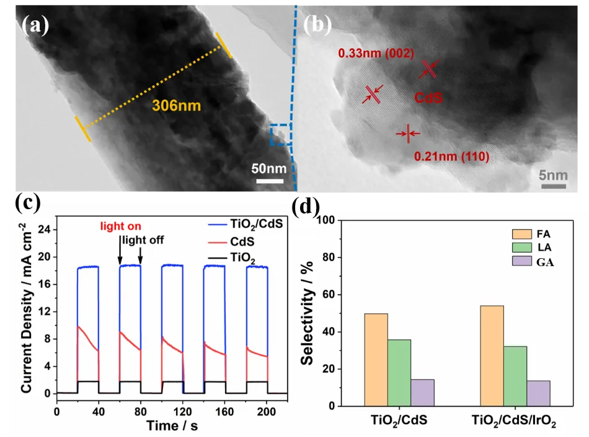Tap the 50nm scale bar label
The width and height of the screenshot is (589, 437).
tap(269, 168)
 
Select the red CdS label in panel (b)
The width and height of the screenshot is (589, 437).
tap(429, 98)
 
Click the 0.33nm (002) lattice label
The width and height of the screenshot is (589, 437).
tap(376, 54)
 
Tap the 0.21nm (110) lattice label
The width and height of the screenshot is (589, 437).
tap(451, 157)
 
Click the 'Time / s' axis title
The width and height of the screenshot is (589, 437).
tap(171, 426)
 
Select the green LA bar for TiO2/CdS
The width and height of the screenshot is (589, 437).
tap(398, 373)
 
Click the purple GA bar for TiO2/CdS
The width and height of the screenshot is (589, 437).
tap(422, 392)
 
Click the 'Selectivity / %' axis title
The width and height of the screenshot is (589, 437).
tap(308, 312)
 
